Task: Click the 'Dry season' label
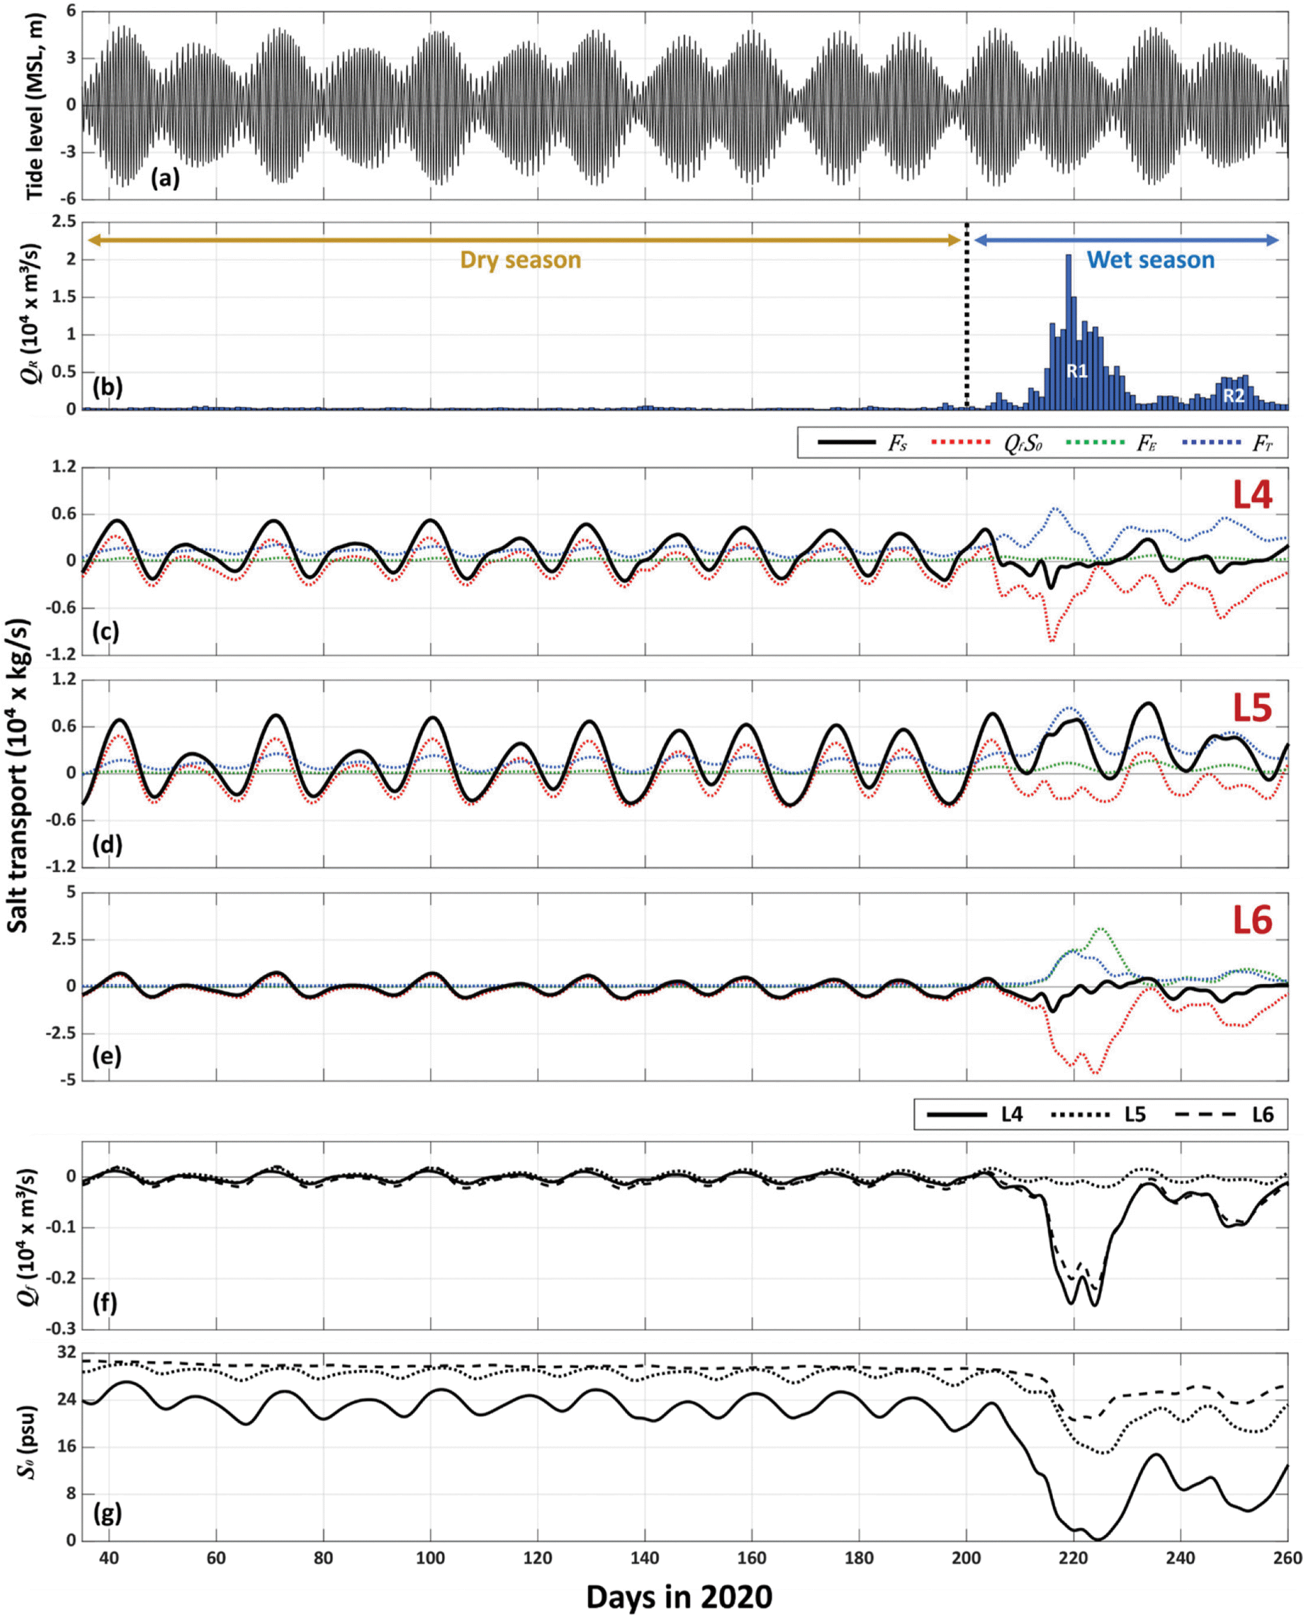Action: click(x=520, y=260)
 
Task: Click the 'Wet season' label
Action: click(x=1151, y=260)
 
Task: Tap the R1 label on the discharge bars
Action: click(x=1077, y=371)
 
